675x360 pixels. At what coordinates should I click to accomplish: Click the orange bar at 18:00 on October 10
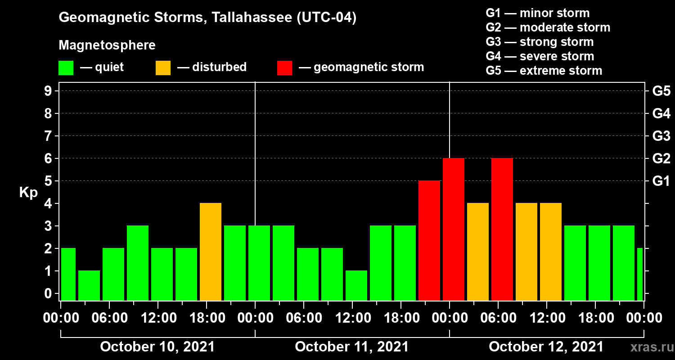coord(211,252)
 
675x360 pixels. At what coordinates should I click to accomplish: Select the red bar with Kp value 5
coord(429,240)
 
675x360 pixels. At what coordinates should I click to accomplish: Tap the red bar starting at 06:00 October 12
coord(502,229)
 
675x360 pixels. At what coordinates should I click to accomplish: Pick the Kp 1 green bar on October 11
coord(356,285)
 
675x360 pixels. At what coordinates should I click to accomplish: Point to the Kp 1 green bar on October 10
coord(89,285)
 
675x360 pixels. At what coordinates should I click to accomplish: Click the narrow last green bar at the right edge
coord(640,274)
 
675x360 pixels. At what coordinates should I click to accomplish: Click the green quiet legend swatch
coord(66,67)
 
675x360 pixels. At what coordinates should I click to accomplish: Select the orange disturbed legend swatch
coord(163,67)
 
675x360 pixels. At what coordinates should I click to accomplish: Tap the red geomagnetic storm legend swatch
coord(284,67)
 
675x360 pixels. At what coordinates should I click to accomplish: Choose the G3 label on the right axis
coord(661,136)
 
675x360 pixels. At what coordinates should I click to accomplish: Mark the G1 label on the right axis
coord(661,181)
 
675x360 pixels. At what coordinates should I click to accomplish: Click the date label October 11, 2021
coord(351,347)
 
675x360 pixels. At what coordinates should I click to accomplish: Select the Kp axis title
coord(28,193)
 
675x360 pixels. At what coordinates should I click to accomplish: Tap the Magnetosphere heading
coord(107,45)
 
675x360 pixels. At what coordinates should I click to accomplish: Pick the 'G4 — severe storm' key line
coord(540,56)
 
